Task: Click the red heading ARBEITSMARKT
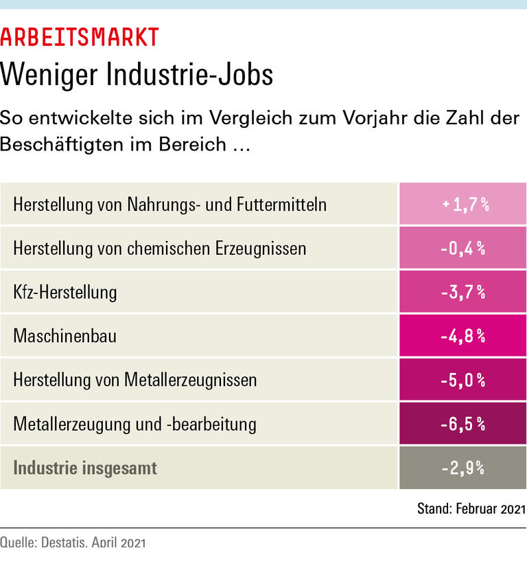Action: pos(80,36)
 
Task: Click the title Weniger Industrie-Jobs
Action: pos(137,74)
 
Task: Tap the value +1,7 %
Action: pos(465,204)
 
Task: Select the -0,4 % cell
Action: pos(463,248)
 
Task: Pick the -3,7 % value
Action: pos(463,292)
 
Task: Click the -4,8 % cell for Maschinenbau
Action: pos(463,336)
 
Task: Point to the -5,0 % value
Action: pos(463,380)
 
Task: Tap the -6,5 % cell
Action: pos(463,424)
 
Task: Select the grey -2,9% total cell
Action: pos(463,468)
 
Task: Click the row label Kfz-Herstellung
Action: pos(65,292)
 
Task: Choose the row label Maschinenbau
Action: pos(65,336)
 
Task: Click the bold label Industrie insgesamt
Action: pos(85,468)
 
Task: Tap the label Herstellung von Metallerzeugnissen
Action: pos(135,380)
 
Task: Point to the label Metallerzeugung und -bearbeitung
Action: pos(134,424)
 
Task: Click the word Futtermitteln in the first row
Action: pos(281,204)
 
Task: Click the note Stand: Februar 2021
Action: pos(471,509)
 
